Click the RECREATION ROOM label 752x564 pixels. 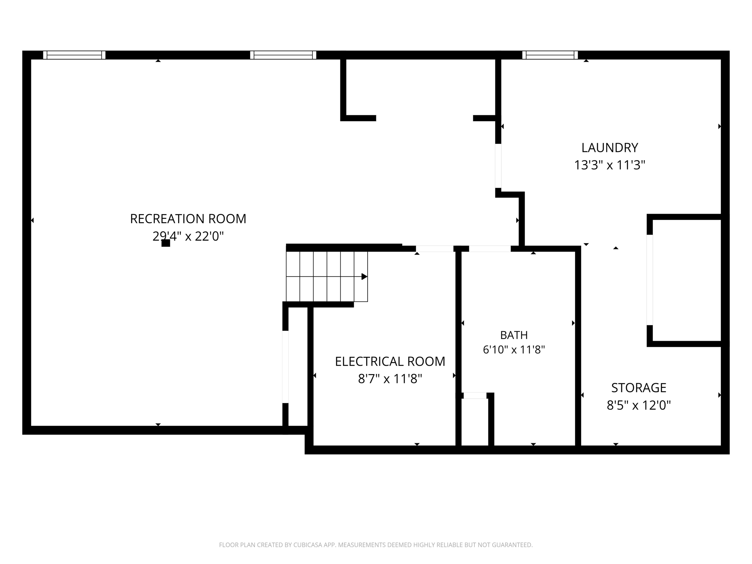pyautogui.click(x=188, y=219)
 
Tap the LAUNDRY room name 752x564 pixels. pyautogui.click(x=610, y=148)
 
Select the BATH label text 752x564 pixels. pyautogui.click(x=514, y=335)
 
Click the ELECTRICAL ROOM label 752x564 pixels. pyautogui.click(x=390, y=361)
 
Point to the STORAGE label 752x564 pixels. pyautogui.click(x=639, y=388)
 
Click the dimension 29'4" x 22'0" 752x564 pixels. pyautogui.click(x=188, y=236)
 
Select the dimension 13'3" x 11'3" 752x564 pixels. pyautogui.click(x=610, y=165)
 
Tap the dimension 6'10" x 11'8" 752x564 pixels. pyautogui.click(x=514, y=350)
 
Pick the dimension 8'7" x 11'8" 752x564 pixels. pyautogui.click(x=390, y=379)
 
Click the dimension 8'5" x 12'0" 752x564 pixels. pyautogui.click(x=639, y=405)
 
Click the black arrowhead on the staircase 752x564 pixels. pyautogui.click(x=364, y=276)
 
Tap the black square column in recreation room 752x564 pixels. pyautogui.click(x=166, y=243)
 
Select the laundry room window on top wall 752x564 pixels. pyautogui.click(x=550, y=55)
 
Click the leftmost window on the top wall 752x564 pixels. pyautogui.click(x=74, y=55)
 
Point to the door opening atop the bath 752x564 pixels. pyautogui.click(x=490, y=249)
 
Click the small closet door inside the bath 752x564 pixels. pyautogui.click(x=475, y=395)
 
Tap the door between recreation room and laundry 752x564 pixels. pyautogui.click(x=498, y=166)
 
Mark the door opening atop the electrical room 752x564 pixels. pyautogui.click(x=435, y=249)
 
